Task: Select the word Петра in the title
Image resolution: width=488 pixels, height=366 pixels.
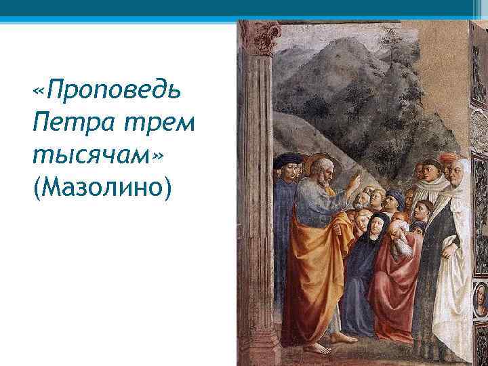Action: (64, 123)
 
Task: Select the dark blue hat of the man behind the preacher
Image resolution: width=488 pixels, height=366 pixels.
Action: (287, 161)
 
